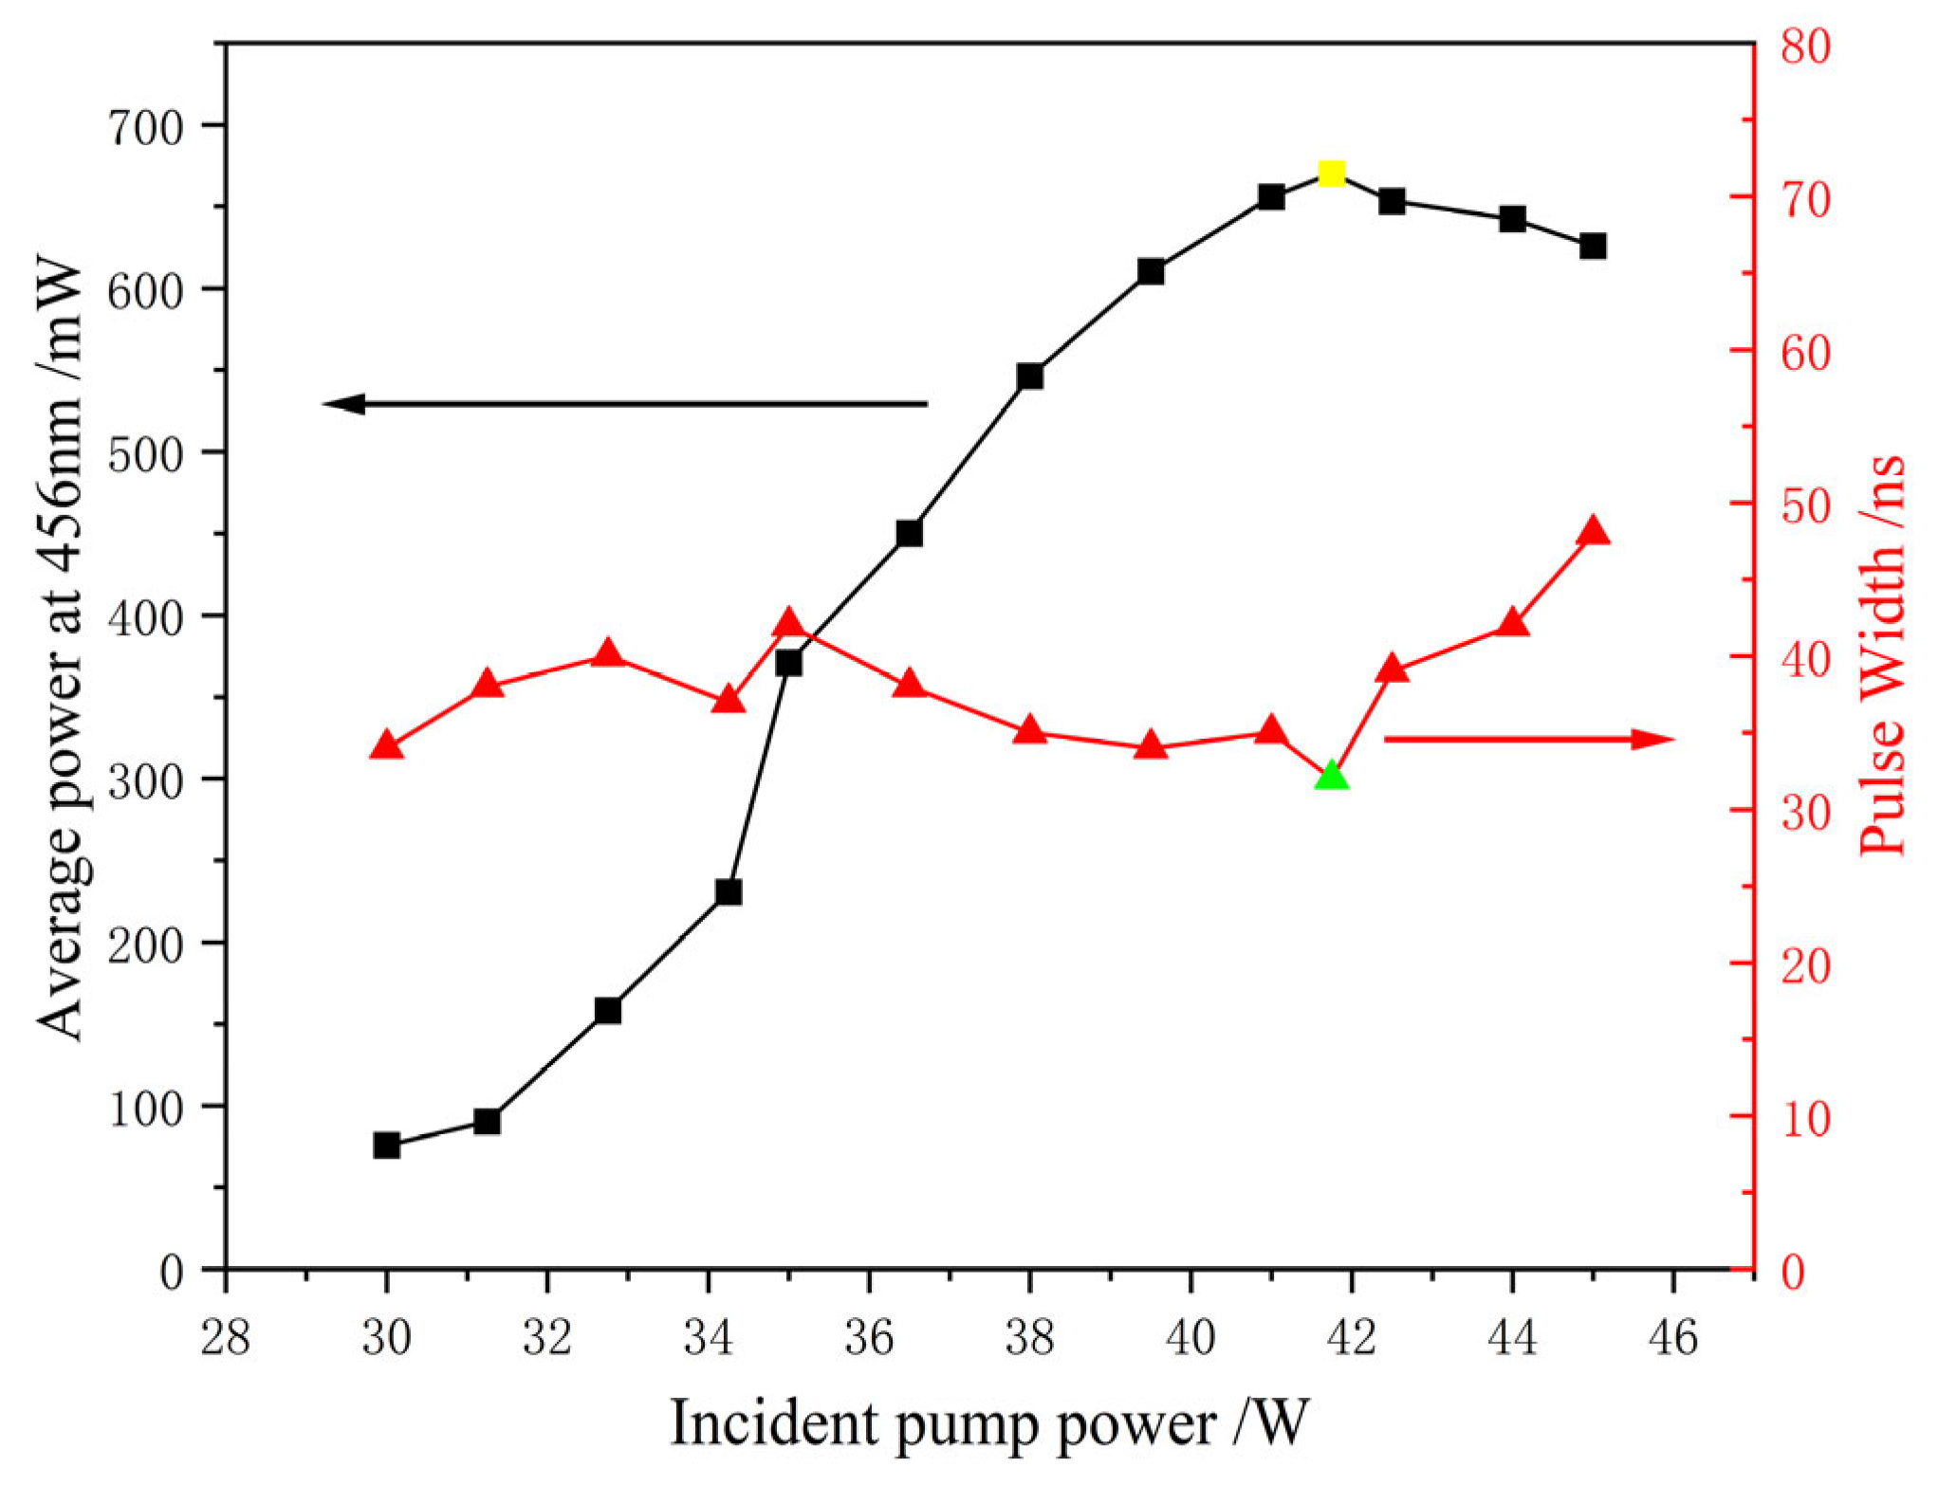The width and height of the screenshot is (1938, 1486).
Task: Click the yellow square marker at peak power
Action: [1331, 174]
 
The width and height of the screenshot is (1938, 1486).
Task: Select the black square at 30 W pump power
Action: [386, 1145]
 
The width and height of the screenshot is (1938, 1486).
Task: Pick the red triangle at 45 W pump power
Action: [1593, 532]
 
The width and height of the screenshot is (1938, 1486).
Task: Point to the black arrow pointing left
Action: [626, 404]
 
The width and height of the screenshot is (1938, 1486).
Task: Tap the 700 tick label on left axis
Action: [145, 127]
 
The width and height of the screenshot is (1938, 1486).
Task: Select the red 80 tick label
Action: [1805, 46]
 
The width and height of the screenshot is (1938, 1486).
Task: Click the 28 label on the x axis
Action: [226, 1338]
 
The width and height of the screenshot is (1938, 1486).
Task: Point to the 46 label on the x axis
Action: [1673, 1338]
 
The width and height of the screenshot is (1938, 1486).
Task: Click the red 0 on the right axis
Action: [1793, 1272]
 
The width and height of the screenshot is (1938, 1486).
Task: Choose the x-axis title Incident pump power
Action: [989, 1423]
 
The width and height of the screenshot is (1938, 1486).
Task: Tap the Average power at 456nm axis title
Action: [62, 647]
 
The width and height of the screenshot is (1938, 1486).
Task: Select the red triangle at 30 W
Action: [386, 746]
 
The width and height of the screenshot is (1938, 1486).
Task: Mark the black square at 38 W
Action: [1029, 376]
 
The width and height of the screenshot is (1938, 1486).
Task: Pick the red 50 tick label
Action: [1805, 505]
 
